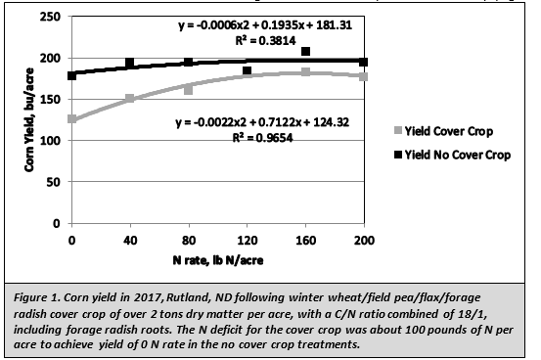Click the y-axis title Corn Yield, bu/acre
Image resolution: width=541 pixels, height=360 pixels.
(x=28, y=119)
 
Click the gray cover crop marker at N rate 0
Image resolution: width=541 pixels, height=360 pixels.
(x=71, y=119)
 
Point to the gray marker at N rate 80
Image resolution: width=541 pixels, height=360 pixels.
(x=188, y=89)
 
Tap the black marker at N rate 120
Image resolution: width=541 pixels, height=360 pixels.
(x=247, y=70)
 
